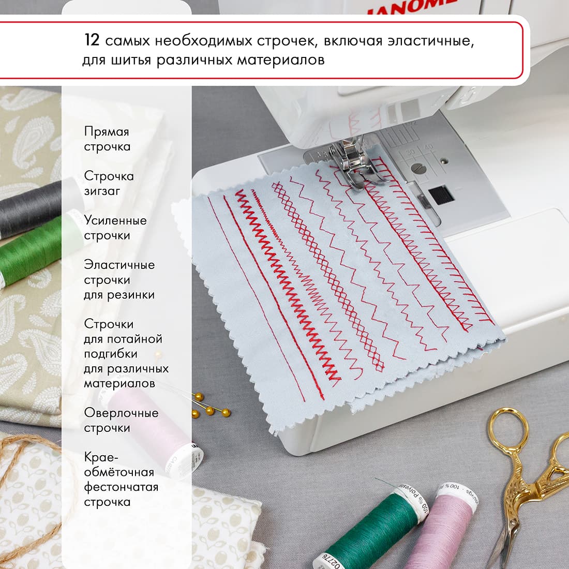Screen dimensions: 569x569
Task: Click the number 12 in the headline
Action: pos(93,41)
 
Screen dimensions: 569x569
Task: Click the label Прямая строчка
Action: pos(107,139)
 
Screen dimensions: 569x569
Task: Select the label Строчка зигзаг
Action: pos(109,184)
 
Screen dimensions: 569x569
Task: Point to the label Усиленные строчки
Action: pos(115,228)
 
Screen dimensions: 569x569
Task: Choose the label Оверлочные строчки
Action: pos(121,421)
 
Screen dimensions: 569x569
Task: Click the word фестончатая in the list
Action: pos(121,487)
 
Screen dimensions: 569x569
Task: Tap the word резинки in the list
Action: pos(130,295)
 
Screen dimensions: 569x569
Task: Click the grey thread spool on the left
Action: pos(31,207)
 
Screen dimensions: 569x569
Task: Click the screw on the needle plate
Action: pos(418,168)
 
